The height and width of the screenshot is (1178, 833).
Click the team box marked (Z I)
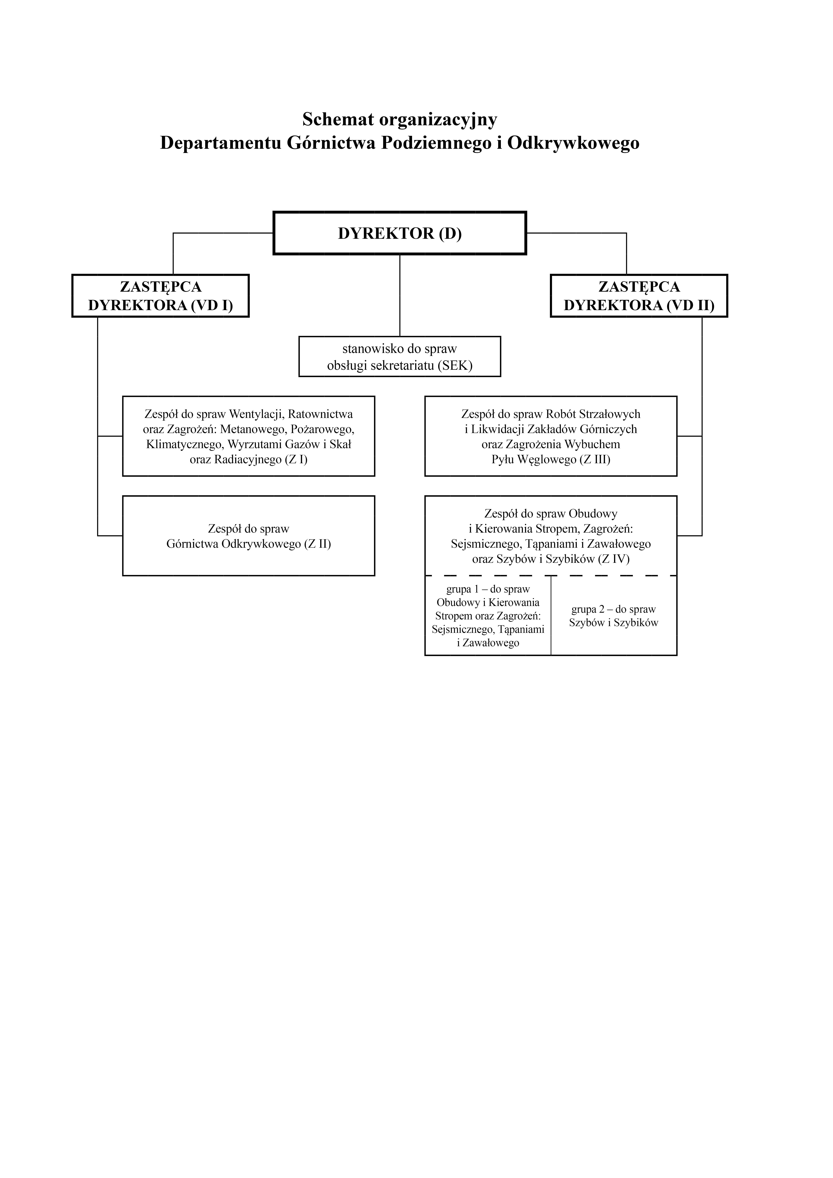click(x=248, y=436)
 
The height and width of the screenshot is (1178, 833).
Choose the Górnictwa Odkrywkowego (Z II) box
click(x=248, y=536)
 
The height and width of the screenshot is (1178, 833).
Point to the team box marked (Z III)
click(x=551, y=436)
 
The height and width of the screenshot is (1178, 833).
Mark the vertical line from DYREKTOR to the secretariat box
click(x=400, y=295)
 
